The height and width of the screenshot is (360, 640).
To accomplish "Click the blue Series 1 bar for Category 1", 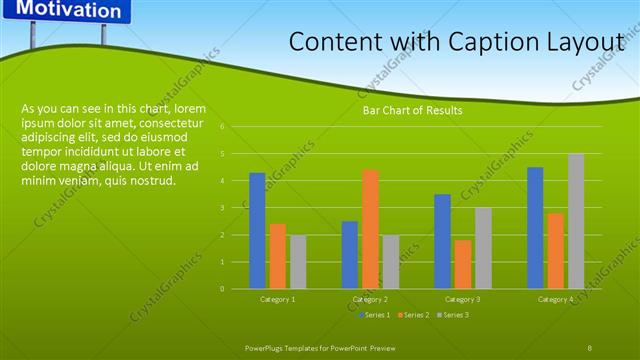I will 257,231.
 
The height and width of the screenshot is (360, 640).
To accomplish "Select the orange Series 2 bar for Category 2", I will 370,229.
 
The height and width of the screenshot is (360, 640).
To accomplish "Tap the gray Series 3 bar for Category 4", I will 576,221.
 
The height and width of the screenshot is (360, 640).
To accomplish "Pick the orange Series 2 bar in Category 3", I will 462,264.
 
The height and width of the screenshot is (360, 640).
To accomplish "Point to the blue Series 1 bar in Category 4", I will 535,228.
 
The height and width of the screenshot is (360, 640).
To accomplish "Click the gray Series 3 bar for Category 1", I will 298,262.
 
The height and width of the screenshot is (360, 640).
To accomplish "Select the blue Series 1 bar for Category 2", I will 350,255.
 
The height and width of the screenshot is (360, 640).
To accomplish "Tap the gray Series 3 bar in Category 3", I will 483,248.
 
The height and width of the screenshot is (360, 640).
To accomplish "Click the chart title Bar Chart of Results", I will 412,111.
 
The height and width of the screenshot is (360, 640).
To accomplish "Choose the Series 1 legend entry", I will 375,315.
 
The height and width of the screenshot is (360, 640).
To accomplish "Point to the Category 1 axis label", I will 277,299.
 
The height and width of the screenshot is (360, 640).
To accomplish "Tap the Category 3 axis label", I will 462,299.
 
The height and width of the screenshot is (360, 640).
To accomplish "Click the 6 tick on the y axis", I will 236,127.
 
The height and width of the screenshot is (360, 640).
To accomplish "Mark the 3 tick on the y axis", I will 236,208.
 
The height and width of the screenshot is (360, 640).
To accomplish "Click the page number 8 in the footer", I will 590,347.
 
